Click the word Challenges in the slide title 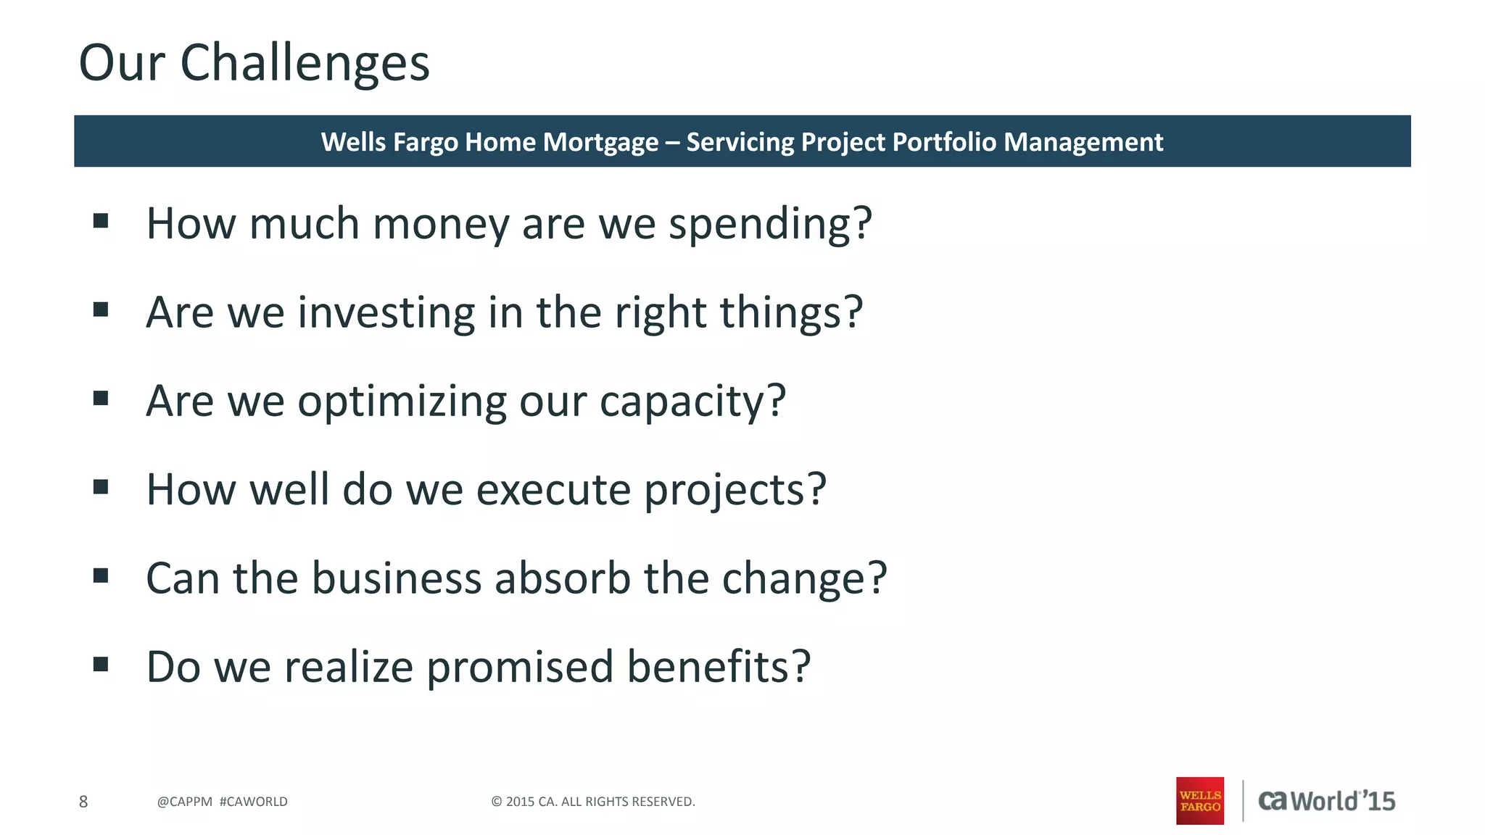(x=305, y=64)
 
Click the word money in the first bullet (x=441, y=224)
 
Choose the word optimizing (x=402, y=402)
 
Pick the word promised (x=520, y=668)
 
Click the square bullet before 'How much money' (x=101, y=220)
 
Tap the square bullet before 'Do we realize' (x=101, y=664)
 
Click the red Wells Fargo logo (x=1199, y=801)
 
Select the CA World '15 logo (x=1326, y=801)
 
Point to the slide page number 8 (x=83, y=802)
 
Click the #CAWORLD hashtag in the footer (x=253, y=802)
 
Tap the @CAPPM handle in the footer (x=184, y=802)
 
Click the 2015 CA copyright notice (x=592, y=802)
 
